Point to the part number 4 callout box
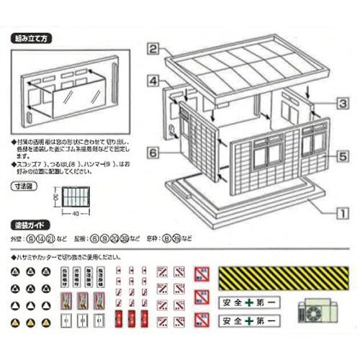coord(153,81)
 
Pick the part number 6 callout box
coord(153,152)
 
